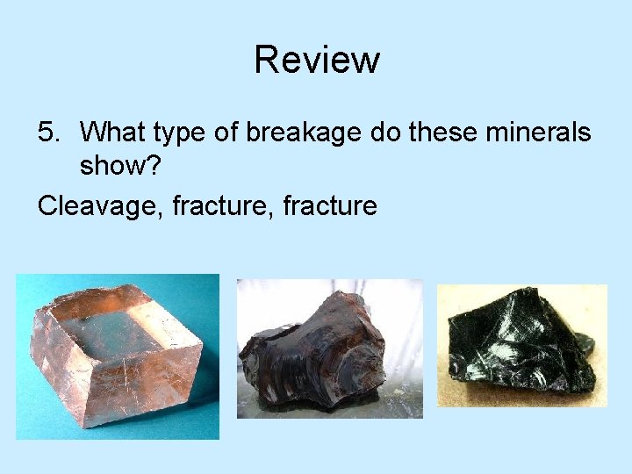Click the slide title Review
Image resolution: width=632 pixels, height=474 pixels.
click(x=317, y=60)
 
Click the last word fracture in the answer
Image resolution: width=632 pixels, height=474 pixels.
click(x=331, y=206)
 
